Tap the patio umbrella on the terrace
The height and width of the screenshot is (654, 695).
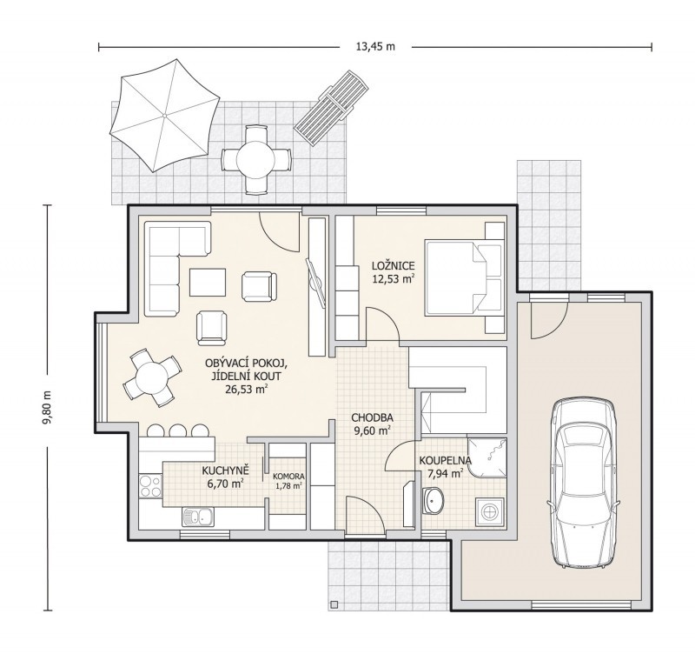(164, 116)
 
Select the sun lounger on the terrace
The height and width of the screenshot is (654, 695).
(333, 107)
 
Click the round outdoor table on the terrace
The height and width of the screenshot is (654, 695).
(256, 159)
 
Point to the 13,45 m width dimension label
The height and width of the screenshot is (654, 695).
(375, 47)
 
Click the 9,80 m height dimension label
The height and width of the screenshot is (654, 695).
(48, 407)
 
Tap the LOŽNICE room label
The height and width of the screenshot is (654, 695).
(394, 266)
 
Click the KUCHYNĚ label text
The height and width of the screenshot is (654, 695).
(226, 470)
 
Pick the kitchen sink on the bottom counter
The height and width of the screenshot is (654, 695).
(198, 517)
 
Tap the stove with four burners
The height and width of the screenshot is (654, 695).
(150, 486)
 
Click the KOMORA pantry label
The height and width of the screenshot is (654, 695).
(288, 477)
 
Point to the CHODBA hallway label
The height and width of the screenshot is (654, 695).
(373, 417)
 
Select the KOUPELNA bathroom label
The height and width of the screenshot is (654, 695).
(446, 461)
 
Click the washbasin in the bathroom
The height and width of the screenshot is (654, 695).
(432, 500)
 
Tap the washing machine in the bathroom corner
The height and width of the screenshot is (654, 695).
(490, 511)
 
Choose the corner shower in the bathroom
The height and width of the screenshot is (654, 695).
(486, 458)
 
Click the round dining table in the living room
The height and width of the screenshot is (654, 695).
(152, 378)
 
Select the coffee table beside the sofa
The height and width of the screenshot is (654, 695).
(208, 282)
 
